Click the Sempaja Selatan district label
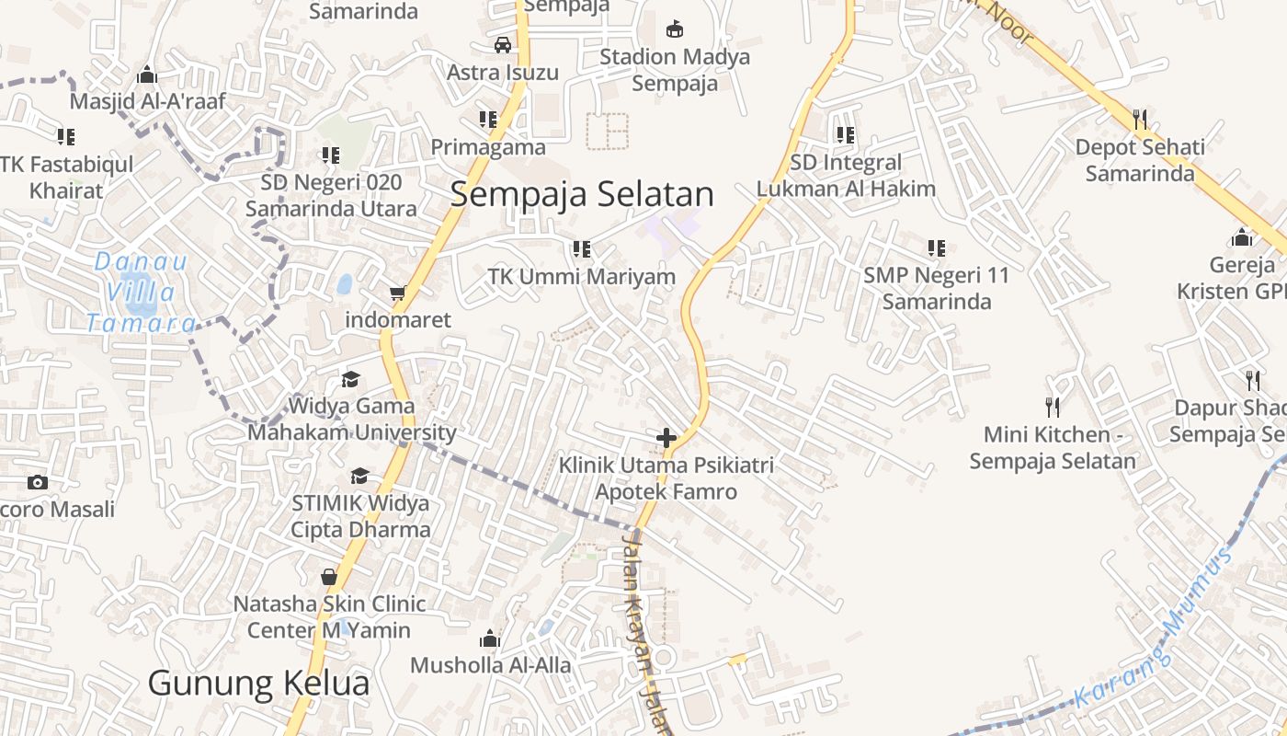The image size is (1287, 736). coord(582,194)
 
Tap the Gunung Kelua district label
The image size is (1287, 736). coord(258,683)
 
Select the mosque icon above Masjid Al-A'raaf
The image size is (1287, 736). coord(146,75)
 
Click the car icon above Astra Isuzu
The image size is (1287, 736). coord(502,44)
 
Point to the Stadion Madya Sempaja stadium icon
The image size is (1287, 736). coord(675,29)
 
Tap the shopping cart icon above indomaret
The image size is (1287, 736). coord(397,293)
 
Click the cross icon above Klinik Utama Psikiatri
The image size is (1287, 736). coord(666,438)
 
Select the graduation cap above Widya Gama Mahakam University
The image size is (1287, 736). coord(350,379)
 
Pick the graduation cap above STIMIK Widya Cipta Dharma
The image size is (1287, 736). coord(359,476)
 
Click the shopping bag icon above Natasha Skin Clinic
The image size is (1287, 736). coord(329,577)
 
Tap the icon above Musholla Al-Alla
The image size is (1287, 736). coord(490,638)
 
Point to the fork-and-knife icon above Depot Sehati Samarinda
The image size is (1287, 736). coord(1140,119)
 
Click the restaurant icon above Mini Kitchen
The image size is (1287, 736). coord(1053,407)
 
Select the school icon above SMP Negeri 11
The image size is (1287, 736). coord(936,247)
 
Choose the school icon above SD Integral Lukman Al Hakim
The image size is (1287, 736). coord(845,134)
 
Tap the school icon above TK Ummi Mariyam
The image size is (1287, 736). coord(581,248)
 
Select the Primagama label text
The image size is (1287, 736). coord(488,147)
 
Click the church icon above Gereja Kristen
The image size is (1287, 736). coord(1242,237)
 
